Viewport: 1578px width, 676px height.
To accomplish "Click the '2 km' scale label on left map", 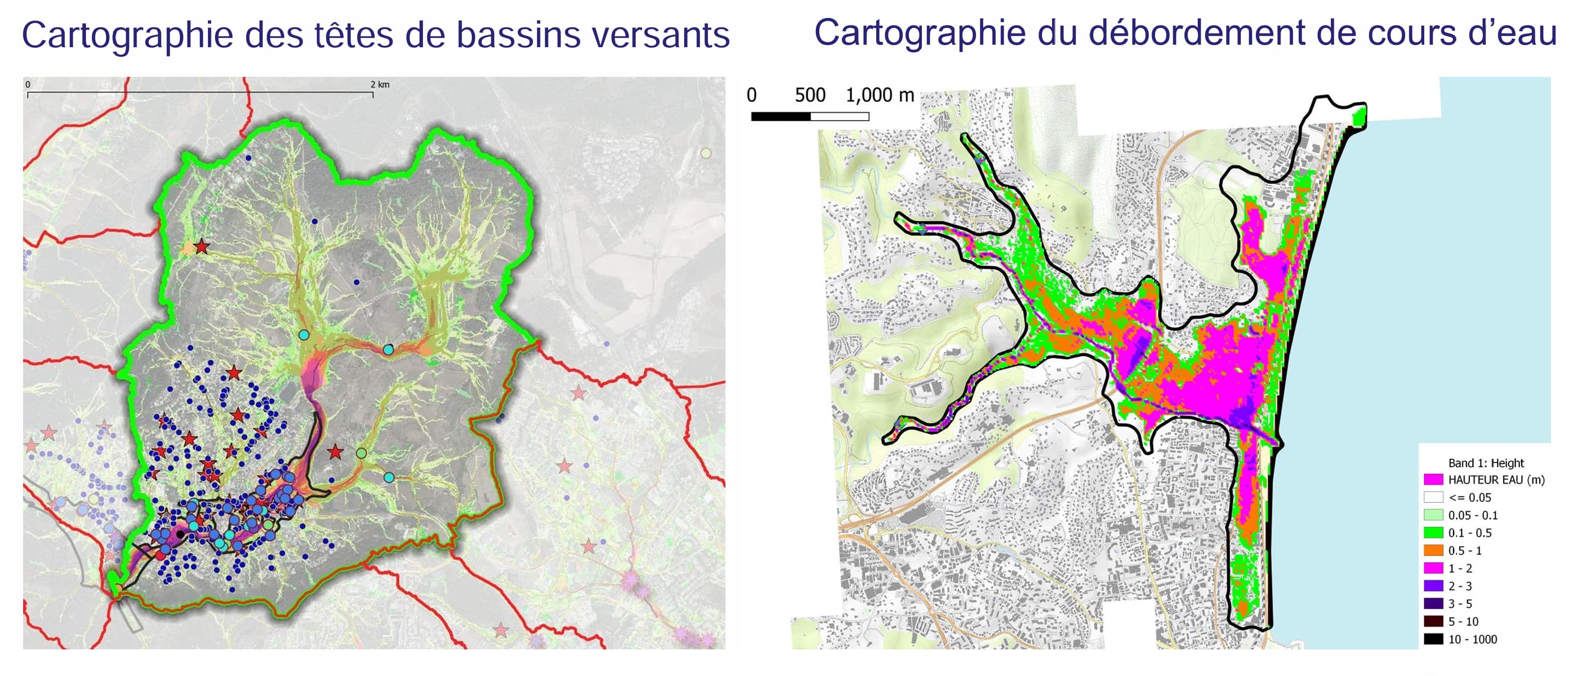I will point(380,84).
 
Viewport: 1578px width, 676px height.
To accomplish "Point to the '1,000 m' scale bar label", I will point(880,95).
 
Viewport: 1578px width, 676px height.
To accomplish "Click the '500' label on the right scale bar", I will point(810,95).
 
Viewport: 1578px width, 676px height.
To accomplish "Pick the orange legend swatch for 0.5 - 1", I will point(1433,550).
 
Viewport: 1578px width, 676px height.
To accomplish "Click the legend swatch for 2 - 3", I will point(1433,586).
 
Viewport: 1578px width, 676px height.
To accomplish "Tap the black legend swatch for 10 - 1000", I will point(1433,639).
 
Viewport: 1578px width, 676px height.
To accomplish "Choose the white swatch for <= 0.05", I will point(1433,497).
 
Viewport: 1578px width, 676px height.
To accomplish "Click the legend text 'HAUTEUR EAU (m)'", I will point(1496,480).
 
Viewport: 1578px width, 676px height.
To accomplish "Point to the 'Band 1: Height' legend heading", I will point(1486,463).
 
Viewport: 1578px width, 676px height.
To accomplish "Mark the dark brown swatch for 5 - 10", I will point(1433,621).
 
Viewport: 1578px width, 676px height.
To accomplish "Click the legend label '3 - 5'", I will point(1460,604).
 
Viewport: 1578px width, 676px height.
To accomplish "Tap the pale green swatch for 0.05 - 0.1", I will point(1433,515).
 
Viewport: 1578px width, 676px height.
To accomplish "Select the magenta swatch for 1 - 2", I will point(1433,568).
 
